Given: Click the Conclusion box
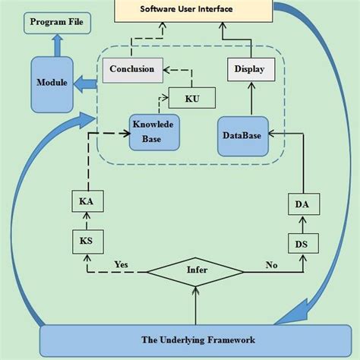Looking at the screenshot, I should click(131, 69).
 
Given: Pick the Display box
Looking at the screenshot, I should click(249, 70).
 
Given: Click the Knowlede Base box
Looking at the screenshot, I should click(154, 131).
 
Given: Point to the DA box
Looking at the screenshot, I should click(302, 204).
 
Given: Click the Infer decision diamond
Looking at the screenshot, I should click(196, 270).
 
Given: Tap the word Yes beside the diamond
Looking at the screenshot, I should click(121, 264).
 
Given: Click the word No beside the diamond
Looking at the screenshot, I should click(270, 265).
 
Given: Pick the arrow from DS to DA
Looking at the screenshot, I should click(302, 223).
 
